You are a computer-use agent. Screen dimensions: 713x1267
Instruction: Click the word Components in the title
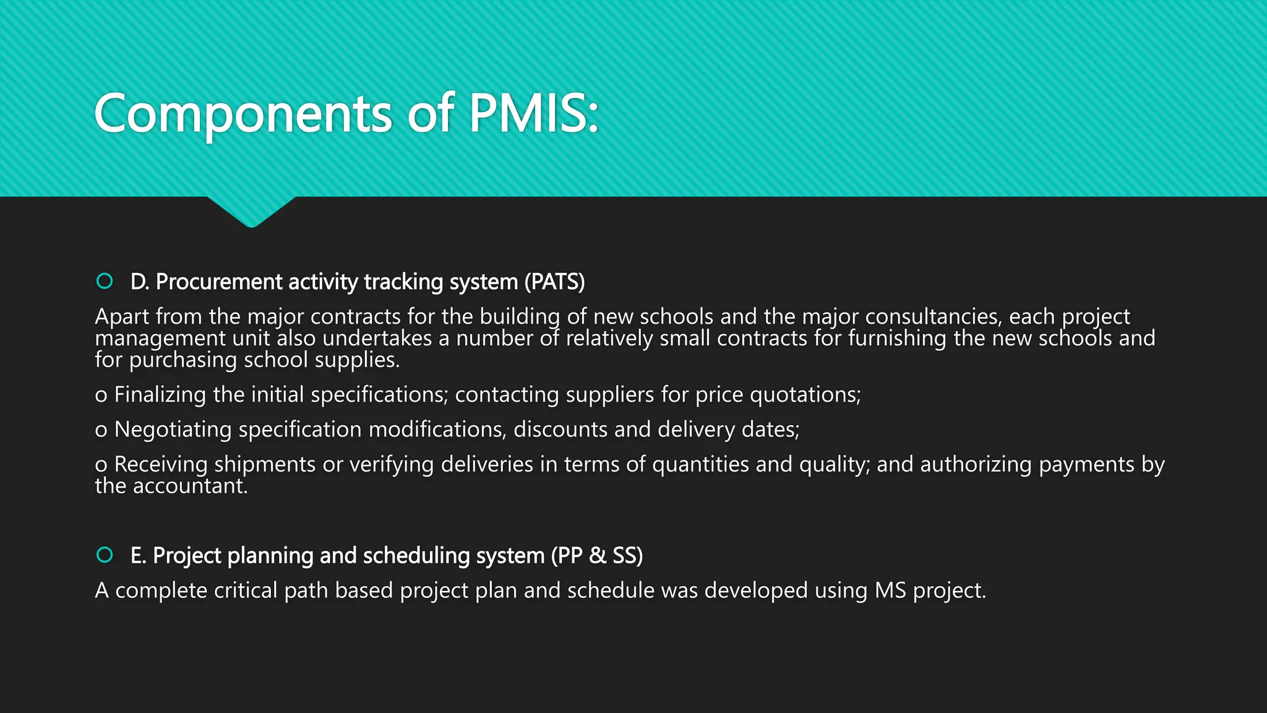click(x=243, y=115)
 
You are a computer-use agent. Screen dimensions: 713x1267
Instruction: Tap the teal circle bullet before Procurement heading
click(x=105, y=281)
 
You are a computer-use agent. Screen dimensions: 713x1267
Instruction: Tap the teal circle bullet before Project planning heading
click(x=105, y=555)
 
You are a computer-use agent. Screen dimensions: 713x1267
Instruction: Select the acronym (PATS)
click(x=554, y=282)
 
